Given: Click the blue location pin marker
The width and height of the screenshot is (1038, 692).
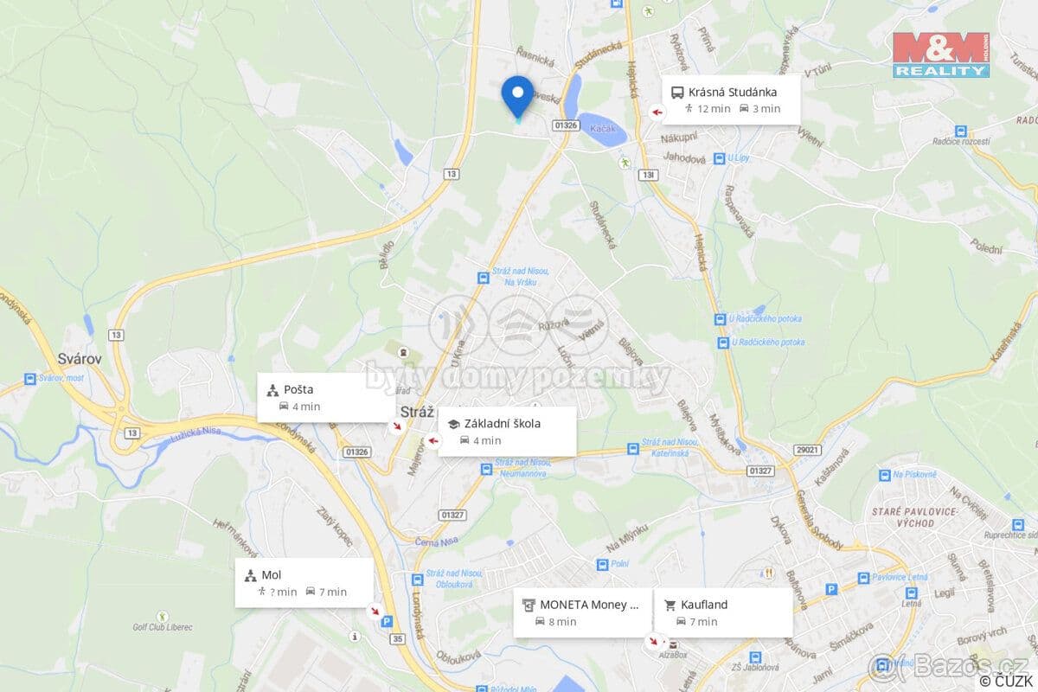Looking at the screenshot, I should (x=517, y=95).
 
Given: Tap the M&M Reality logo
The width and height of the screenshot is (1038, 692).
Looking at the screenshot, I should (x=940, y=54).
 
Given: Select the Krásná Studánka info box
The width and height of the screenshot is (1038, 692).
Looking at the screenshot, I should (x=731, y=99).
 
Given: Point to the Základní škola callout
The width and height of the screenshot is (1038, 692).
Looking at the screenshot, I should (x=507, y=431).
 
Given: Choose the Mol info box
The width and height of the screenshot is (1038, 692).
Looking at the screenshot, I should (x=304, y=582).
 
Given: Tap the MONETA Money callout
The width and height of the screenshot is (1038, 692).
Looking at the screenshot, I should (x=582, y=612).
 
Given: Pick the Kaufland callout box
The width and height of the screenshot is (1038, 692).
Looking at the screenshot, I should (x=722, y=612).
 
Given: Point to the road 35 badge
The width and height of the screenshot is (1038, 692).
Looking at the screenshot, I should (x=397, y=638).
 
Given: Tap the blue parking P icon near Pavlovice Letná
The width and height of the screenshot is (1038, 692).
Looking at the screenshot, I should (x=831, y=589).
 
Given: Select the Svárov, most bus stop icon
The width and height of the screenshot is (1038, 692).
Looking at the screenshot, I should (x=31, y=379).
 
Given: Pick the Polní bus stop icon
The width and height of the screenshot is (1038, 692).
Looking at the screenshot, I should (x=602, y=564).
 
